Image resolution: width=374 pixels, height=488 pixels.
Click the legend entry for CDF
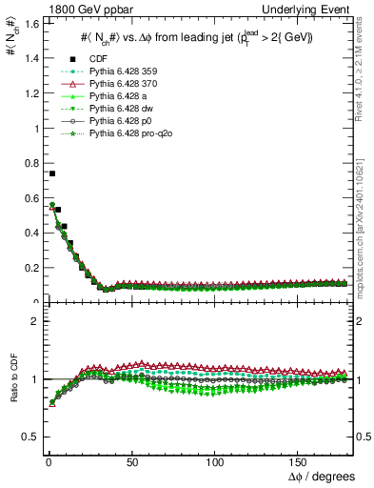click(x=92, y=60)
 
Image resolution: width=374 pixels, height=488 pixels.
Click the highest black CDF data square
click(x=51, y=173)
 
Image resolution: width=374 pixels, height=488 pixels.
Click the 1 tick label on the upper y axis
click(x=31, y=129)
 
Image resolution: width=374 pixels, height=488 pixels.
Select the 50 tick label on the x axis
click(x=130, y=462)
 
